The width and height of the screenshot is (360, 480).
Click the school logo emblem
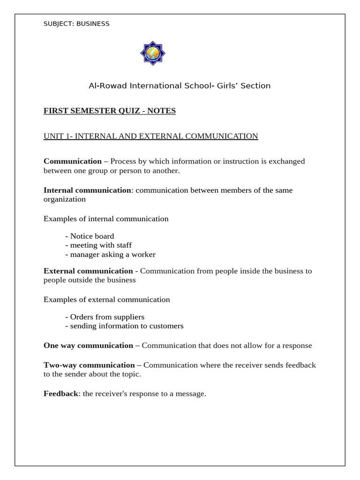click(x=153, y=53)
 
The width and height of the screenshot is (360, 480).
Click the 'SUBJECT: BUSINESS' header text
click(x=76, y=23)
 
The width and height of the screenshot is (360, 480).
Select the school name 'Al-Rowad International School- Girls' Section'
click(x=180, y=86)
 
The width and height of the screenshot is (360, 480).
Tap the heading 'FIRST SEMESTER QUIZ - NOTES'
click(x=110, y=111)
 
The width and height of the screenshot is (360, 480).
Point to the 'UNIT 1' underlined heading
click(x=150, y=136)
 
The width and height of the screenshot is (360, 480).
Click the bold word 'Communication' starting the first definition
click(x=73, y=161)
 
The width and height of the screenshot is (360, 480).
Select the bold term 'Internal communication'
click(x=87, y=190)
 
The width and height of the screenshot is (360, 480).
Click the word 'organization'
click(x=65, y=199)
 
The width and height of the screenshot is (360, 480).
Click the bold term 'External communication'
click(x=88, y=271)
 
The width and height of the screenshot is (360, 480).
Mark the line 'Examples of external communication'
click(x=107, y=300)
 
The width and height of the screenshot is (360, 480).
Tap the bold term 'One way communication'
click(x=88, y=345)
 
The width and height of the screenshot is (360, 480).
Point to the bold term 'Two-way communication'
click(x=89, y=365)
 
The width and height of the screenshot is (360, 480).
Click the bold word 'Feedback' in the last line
click(x=60, y=394)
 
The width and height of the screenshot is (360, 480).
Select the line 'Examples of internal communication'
click(x=106, y=219)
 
